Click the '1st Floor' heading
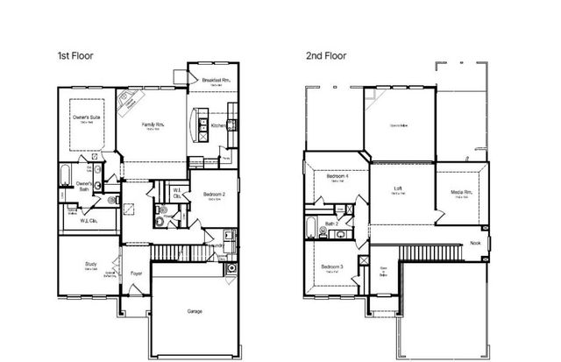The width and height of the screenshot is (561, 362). pyautogui.click(x=75, y=55)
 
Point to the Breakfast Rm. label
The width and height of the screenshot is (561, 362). pyautogui.click(x=215, y=81)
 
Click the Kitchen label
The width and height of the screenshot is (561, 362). pyautogui.click(x=219, y=125)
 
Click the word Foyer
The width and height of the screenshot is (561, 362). pyautogui.click(x=136, y=273)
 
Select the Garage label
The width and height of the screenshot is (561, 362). pyautogui.click(x=194, y=309)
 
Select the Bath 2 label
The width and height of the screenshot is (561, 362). pyautogui.click(x=332, y=224)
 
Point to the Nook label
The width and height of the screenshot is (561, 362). pyautogui.click(x=476, y=243)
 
